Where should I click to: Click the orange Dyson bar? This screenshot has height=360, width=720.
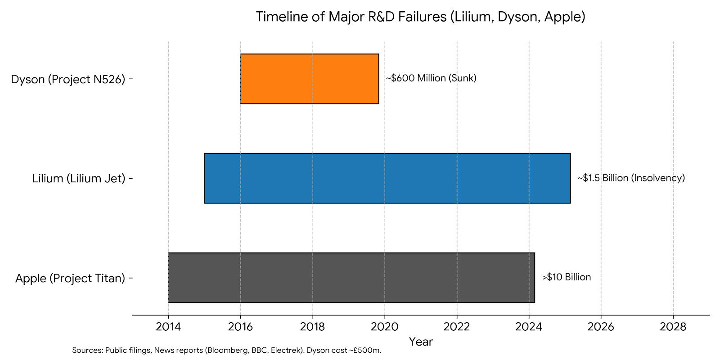[x=309, y=79]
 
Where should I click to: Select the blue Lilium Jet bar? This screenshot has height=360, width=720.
[x=387, y=178]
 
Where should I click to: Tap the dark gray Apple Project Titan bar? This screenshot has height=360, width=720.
[x=351, y=278]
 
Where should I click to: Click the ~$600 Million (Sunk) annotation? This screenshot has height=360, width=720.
[x=431, y=78]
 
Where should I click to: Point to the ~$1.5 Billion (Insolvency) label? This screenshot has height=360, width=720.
[x=631, y=178]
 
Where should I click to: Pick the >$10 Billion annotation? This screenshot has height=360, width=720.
[x=566, y=277]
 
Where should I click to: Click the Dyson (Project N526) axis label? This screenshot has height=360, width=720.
[x=68, y=79]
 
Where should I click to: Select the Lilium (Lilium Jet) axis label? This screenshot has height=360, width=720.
[x=79, y=179]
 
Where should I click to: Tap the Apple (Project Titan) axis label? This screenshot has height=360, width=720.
[x=70, y=278]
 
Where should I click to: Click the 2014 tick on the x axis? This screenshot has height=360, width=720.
[x=168, y=327]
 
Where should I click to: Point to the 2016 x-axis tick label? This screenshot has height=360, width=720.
[x=240, y=327]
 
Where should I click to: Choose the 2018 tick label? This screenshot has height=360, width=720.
[x=312, y=327]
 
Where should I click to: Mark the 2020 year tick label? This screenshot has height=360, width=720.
[x=385, y=327]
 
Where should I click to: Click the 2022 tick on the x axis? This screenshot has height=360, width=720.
[x=457, y=327]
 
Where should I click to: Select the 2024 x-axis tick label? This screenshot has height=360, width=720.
[x=529, y=327]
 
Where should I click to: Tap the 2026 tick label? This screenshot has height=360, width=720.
[x=601, y=327]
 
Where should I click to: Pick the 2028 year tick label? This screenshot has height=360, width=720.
[x=673, y=327]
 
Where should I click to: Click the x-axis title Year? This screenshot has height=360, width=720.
[x=421, y=342]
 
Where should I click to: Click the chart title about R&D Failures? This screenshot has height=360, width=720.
[x=420, y=17]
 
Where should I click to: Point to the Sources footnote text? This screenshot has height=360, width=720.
[x=226, y=350]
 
